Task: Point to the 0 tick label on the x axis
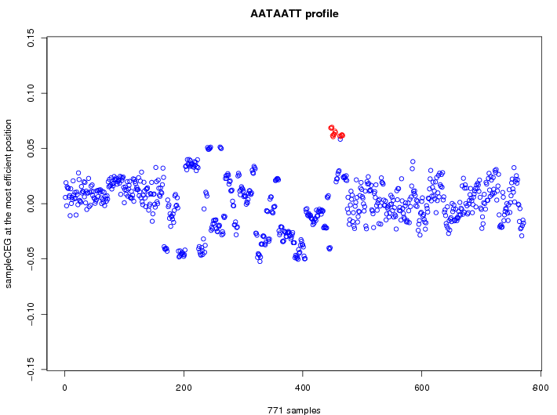[65, 386]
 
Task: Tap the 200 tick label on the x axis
[184, 386]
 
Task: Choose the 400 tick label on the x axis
[303, 386]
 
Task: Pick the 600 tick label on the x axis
[422, 386]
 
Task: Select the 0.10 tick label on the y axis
[31, 93]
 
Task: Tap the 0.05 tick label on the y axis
[31, 148]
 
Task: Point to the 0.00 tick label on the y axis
[31, 204]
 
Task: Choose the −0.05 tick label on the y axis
[31, 259]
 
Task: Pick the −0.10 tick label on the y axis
[31, 314]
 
